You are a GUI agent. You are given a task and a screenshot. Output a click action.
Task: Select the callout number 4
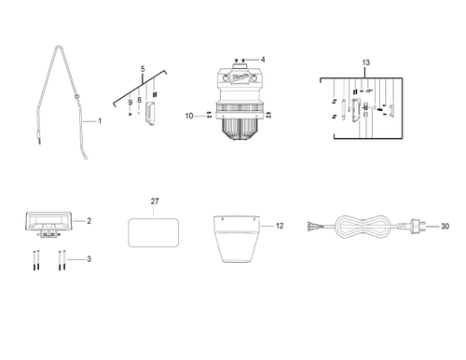pos(263,60)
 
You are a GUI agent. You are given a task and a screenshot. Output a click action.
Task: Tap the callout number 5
pos(143,70)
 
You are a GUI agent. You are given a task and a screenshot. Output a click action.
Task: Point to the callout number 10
pos(189,117)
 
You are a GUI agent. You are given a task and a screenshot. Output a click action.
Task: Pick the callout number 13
pos(365,62)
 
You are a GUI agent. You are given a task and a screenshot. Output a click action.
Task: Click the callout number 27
pos(156,201)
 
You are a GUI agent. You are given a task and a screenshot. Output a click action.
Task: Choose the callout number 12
pos(279,226)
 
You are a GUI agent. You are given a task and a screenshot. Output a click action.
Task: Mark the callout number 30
pos(445,226)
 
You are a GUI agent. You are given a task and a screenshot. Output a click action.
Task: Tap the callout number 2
pos(89,221)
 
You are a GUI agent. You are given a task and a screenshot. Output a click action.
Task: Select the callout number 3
pos(89,258)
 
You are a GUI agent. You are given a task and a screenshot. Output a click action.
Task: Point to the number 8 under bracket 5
pos(139,98)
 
